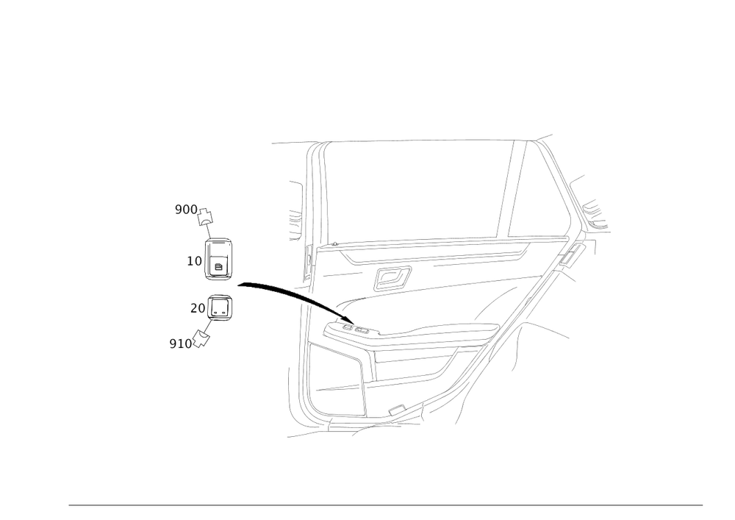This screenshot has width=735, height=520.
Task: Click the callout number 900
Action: click(x=184, y=210)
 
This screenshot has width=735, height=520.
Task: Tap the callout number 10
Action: click(x=193, y=260)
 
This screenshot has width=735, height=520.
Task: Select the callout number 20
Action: click(x=196, y=308)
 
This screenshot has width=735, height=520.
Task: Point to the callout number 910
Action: click(x=179, y=343)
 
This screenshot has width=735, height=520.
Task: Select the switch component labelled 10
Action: click(x=219, y=259)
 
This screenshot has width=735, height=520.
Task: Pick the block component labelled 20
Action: click(x=221, y=307)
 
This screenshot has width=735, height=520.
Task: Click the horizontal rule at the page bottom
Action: click(x=386, y=504)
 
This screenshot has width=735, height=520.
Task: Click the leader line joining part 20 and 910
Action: click(x=209, y=326)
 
